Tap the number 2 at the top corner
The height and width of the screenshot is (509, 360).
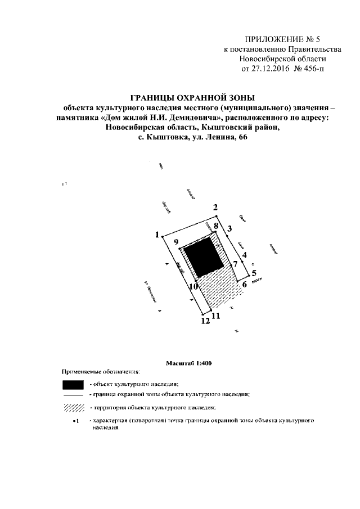pyautogui.click(x=215, y=208)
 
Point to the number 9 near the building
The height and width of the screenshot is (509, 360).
pyautogui.click(x=176, y=242)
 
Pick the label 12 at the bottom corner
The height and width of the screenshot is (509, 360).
pyautogui.click(x=205, y=321)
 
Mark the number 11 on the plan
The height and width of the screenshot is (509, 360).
pyautogui.click(x=216, y=316)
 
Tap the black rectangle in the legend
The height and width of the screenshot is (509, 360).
pyautogui.click(x=73, y=385)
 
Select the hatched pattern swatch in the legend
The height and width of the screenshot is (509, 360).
pyautogui.click(x=73, y=407)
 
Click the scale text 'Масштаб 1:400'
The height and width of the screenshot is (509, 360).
pyautogui.click(x=188, y=363)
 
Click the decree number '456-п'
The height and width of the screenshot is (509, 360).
pyautogui.click(x=313, y=69)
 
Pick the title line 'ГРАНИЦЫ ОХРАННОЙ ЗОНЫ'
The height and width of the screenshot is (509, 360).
pyautogui.click(x=193, y=97)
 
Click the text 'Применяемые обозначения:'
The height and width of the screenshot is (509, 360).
pyautogui.click(x=101, y=372)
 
